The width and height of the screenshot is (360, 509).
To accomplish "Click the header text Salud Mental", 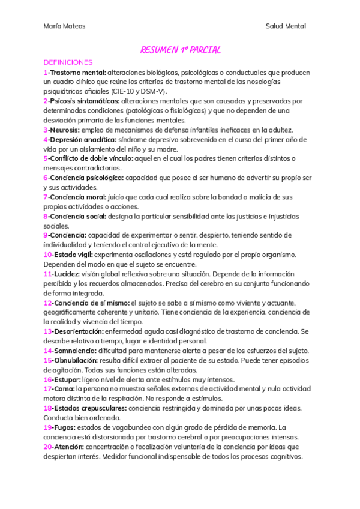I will (286, 26).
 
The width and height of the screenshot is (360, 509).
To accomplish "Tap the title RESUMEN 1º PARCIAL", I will (179, 50).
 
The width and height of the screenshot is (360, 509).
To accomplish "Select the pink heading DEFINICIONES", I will (68, 62).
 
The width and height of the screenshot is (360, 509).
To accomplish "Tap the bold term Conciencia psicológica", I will (87, 178).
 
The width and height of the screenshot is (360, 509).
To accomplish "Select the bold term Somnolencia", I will (76, 351).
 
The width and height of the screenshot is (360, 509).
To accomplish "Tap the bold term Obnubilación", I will (77, 360).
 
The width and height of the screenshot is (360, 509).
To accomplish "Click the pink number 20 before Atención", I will (47, 447).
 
